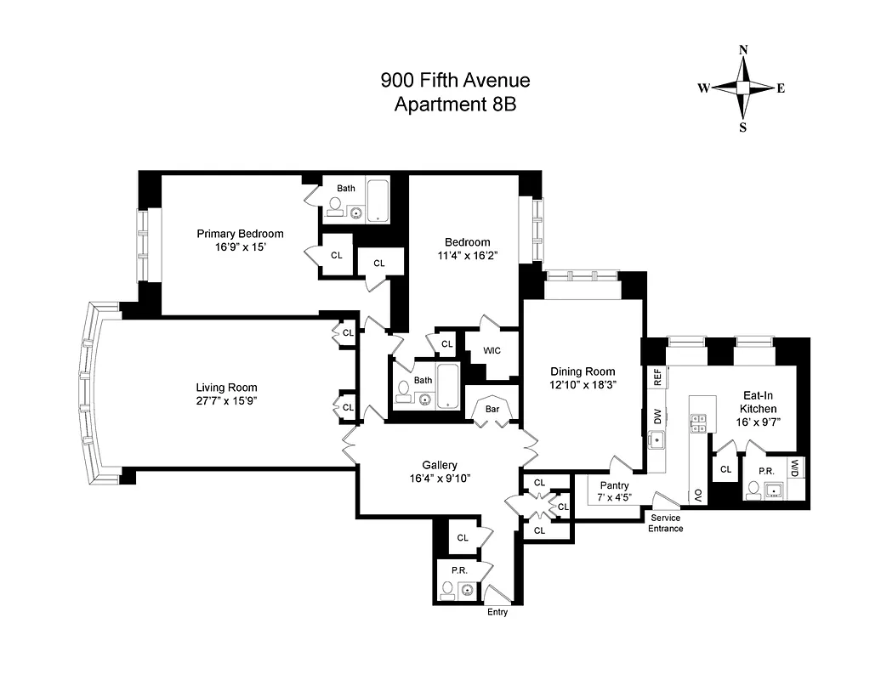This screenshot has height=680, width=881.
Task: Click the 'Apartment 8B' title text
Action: tap(455, 105)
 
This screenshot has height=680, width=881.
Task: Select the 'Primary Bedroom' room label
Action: tap(241, 234)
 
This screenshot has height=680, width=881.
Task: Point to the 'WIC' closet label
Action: tap(492, 350)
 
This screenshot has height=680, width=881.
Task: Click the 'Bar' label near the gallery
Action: tap(492, 409)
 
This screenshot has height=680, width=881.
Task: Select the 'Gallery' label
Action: tap(440, 465)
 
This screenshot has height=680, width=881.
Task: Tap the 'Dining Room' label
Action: tap(583, 371)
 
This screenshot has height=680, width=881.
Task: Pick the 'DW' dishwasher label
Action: tap(657, 416)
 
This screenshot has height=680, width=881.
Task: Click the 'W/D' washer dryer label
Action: tap(794, 467)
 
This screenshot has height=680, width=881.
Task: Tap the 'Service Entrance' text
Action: tap(666, 523)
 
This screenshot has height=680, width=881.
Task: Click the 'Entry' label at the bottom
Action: tap(497, 612)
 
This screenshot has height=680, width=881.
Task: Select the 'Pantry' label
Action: tap(613, 485)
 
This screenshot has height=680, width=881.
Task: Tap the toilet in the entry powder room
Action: tap(446, 588)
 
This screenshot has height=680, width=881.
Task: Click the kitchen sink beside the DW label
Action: tap(657, 440)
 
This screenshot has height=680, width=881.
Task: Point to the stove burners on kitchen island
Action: tap(699, 422)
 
